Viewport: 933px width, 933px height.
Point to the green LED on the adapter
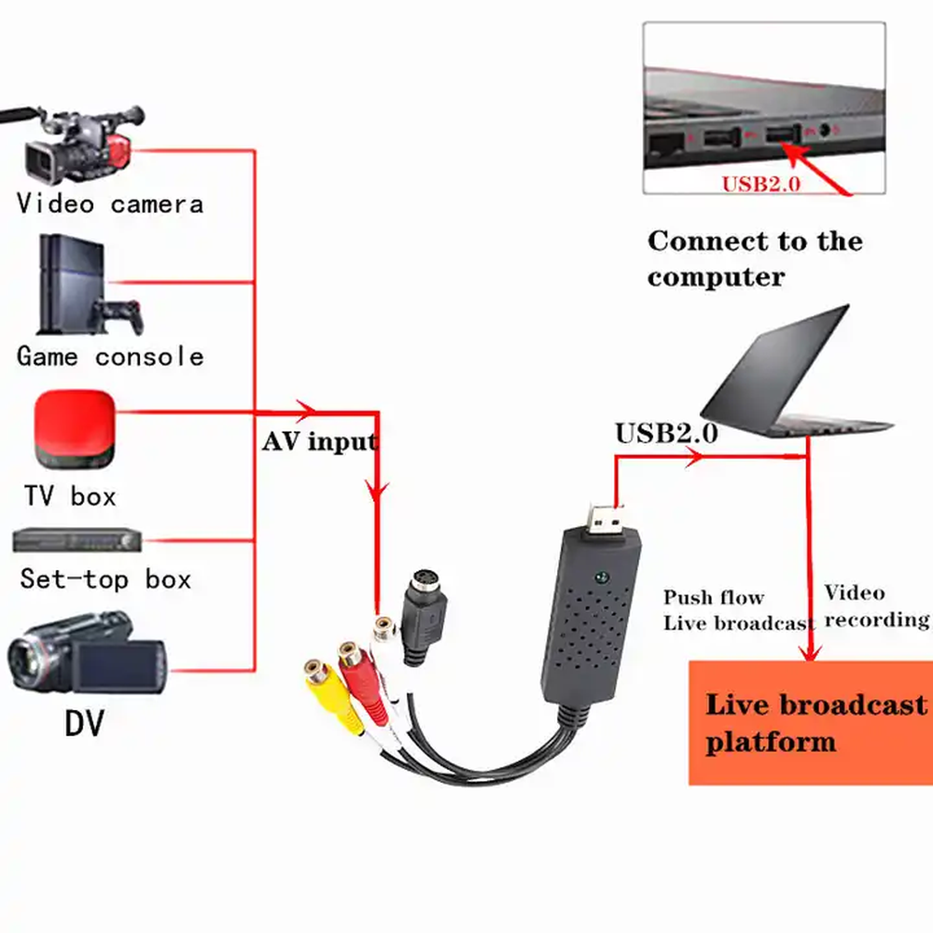(x=602, y=577)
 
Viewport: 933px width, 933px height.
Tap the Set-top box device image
(x=77, y=540)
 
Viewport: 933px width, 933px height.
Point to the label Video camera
(x=110, y=203)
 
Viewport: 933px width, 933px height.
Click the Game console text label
(x=110, y=356)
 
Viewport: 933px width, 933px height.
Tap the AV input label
(x=320, y=441)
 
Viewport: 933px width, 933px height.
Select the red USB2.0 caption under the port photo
(x=760, y=184)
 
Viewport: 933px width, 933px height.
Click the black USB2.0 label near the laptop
(x=665, y=434)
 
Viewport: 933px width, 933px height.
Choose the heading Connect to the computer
(x=755, y=258)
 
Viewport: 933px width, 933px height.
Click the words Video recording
(x=876, y=606)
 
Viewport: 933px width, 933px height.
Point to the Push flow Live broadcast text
(x=737, y=610)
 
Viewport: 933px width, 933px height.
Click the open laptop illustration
(x=793, y=378)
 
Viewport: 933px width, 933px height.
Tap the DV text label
(x=85, y=722)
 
